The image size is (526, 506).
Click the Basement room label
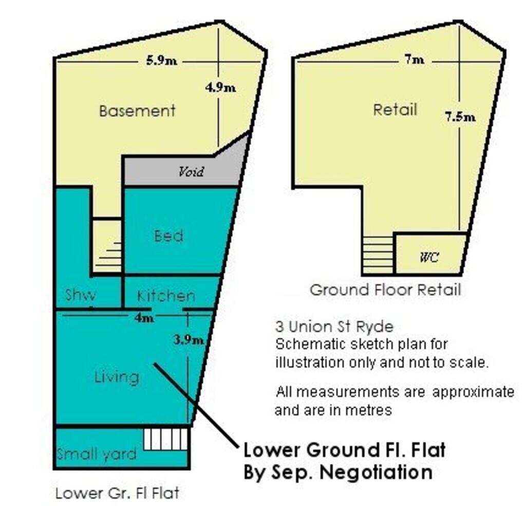coord(137,111)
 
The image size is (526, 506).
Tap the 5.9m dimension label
coord(161,61)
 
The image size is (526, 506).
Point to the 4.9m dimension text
coord(220,87)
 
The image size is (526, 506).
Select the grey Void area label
coord(191,171)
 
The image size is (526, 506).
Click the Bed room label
coord(168,236)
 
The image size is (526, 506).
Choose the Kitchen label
coord(166,296)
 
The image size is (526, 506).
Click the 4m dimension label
coord(144,318)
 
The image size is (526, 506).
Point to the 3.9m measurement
coord(189,339)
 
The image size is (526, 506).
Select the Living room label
coord(117,377)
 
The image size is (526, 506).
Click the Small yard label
coord(97,454)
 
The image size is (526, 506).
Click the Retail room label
coord(395,110)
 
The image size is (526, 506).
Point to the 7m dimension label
coord(414,60)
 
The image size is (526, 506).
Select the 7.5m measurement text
coord(460,117)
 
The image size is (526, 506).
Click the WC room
coord(429,257)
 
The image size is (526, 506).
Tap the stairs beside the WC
coord(378,255)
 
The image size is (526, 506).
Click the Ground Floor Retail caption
coord(385,290)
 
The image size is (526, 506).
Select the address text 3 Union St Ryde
coord(334,327)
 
